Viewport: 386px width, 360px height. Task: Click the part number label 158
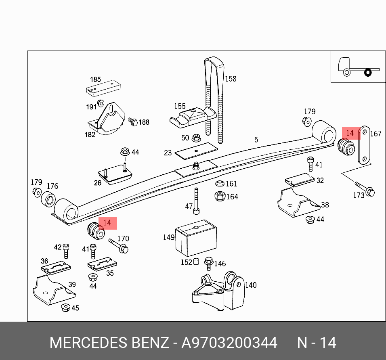pyautogui.click(x=231, y=79)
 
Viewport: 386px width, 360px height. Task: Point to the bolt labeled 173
pyautogui.click(x=365, y=188)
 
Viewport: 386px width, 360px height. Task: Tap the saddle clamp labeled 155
pyautogui.click(x=190, y=117)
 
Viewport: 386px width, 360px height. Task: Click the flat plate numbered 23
pyautogui.click(x=196, y=151)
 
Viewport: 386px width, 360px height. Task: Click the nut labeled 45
pyautogui.click(x=65, y=308)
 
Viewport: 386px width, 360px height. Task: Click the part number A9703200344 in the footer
pyautogui.click(x=229, y=343)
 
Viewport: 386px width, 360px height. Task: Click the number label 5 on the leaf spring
pyautogui.click(x=256, y=140)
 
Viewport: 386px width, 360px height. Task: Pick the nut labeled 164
pyautogui.click(x=219, y=197)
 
